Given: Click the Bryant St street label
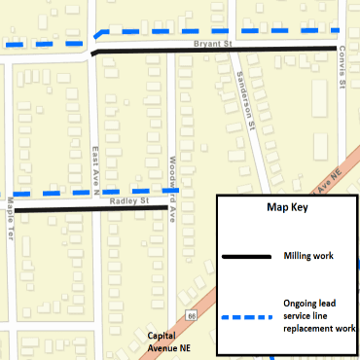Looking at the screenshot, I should [212, 44].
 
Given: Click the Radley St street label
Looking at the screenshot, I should [128, 200].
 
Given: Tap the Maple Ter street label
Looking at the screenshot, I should [11, 217].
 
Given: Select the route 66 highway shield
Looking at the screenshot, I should [192, 315].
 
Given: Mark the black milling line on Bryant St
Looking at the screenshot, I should [214, 51].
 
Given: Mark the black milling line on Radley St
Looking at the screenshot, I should [88, 208].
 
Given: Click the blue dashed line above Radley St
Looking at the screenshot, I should [97, 192].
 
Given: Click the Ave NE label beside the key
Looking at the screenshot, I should [331, 180].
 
